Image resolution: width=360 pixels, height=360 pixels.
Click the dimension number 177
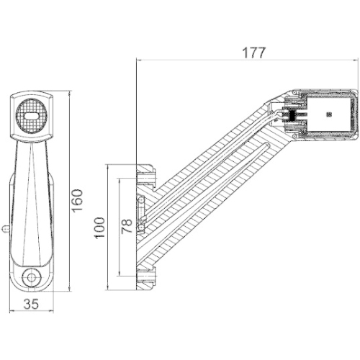pyautogui.click(x=254, y=53)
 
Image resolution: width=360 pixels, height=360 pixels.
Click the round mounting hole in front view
pyautogui.click(x=31, y=276)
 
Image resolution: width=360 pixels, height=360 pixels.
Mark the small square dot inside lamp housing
pyautogui.click(x=329, y=114)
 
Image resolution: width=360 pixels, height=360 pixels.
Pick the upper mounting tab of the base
pyautogui.click(x=146, y=174)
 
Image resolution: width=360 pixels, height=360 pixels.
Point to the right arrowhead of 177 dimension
pyautogui.click(x=356, y=61)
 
